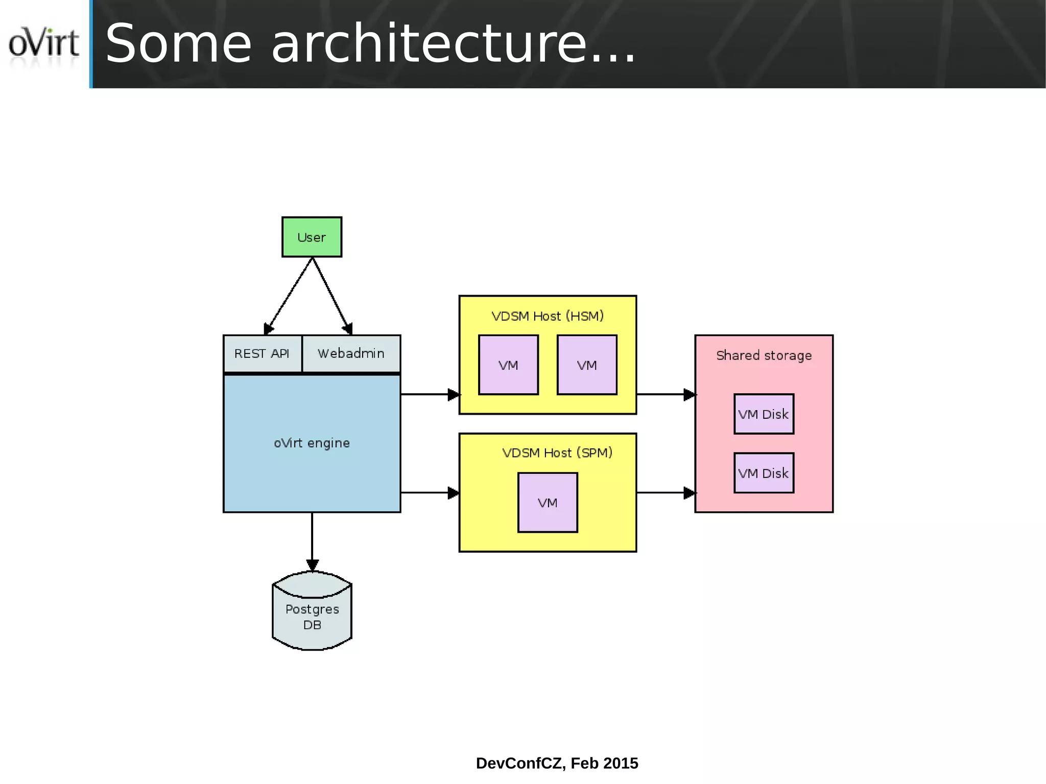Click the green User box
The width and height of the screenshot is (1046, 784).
click(312, 237)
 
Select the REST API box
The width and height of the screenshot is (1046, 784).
click(262, 353)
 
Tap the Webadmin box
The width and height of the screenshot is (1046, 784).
click(351, 353)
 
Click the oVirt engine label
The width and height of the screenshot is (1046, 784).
click(312, 443)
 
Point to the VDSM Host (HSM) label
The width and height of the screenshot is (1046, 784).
click(548, 316)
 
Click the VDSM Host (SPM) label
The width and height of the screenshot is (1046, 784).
click(557, 453)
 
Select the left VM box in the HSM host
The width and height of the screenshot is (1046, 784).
click(508, 365)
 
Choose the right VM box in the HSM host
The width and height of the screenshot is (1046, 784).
click(587, 365)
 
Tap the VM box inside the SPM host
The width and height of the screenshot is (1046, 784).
click(548, 503)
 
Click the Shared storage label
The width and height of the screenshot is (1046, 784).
click(764, 355)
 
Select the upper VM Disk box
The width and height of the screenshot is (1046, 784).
click(764, 414)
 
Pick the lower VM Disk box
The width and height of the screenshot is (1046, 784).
click(764, 473)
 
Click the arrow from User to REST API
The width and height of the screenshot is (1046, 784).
click(289, 296)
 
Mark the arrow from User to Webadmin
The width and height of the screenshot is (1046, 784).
click(331, 296)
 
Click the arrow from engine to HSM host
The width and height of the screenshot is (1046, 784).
click(429, 394)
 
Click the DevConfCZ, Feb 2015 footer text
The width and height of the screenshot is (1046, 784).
click(557, 763)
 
